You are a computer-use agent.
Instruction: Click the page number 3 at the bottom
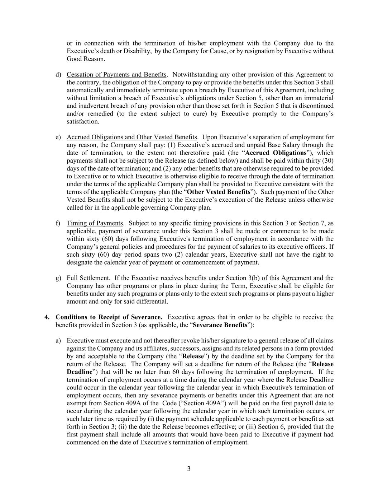[x=189, y=469]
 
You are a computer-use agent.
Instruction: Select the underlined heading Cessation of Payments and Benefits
[x=116, y=75]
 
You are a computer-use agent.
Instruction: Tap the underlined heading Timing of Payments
[x=95, y=223]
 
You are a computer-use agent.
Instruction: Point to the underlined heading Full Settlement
[x=88, y=278]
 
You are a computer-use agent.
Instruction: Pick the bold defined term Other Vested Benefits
[x=219, y=192]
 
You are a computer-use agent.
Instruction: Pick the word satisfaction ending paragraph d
[x=82, y=122]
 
